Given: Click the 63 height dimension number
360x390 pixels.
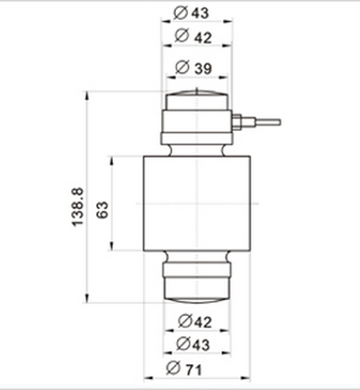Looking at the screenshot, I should tap(103, 206).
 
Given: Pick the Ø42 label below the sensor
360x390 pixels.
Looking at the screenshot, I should tap(195, 321).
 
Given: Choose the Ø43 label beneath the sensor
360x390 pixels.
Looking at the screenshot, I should tap(195, 345).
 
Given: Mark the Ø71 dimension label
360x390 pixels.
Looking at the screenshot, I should tap(195, 368).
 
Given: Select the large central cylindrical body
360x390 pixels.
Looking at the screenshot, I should tap(194, 204).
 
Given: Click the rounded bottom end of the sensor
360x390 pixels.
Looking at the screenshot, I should tap(195, 296).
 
